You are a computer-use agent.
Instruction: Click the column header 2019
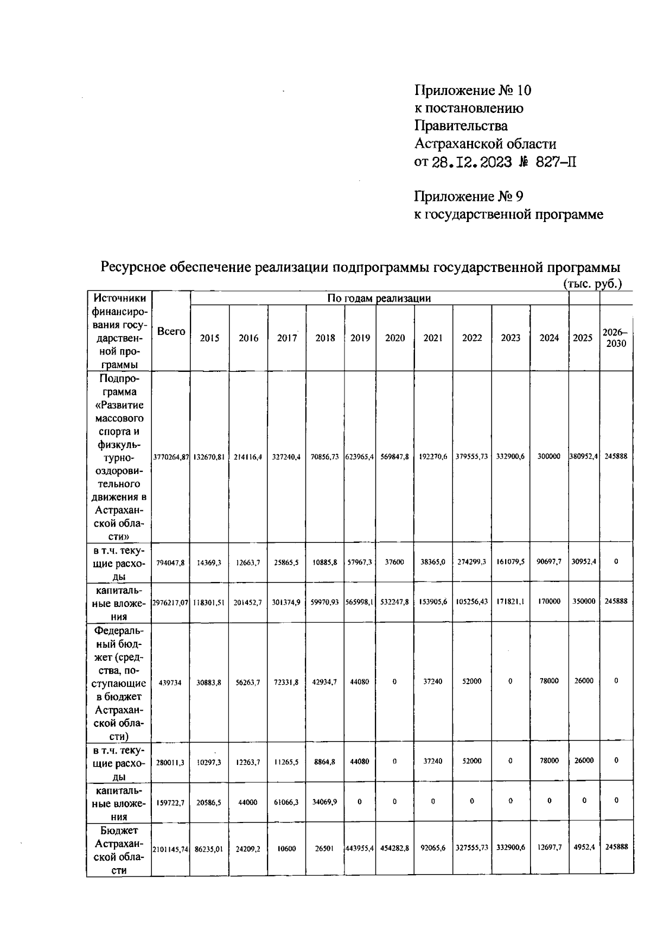tap(360, 338)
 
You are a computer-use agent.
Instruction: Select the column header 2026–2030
tap(616, 338)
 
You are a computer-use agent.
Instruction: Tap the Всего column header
tap(171, 331)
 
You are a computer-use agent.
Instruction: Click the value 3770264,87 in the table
tap(171, 457)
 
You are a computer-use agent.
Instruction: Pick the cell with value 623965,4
tap(360, 457)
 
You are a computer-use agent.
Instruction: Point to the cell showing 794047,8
tap(171, 562)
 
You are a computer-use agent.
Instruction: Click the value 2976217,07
tap(171, 602)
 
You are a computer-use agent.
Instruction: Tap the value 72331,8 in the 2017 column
tap(286, 682)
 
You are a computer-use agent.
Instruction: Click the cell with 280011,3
tap(170, 762)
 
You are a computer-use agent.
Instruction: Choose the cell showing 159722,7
tap(170, 802)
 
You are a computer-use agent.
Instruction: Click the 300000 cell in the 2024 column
tap(548, 457)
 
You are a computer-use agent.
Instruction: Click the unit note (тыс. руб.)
tap(592, 283)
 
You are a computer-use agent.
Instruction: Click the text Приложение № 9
tap(468, 196)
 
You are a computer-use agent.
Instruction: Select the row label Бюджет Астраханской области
tap(119, 850)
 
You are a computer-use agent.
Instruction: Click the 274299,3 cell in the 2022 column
tap(471, 562)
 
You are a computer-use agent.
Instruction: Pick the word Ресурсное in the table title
tap(134, 267)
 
